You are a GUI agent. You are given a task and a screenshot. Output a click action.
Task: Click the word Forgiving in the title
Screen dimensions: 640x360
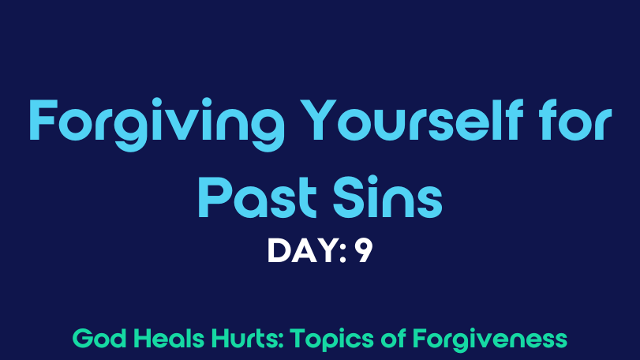pyautogui.click(x=157, y=123)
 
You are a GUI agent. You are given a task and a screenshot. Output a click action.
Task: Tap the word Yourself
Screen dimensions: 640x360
pyautogui.click(x=414, y=119)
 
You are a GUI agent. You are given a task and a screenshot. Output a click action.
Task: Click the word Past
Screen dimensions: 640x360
pyautogui.click(x=257, y=197)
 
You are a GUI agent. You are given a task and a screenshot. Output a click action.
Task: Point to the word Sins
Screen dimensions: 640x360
pyautogui.click(x=387, y=197)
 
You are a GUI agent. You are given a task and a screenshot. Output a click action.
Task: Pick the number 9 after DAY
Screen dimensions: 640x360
pyautogui.click(x=364, y=250)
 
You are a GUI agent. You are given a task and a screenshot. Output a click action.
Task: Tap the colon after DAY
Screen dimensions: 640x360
pyautogui.click(x=343, y=253)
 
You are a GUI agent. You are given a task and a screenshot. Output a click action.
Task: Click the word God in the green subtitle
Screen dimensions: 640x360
pyautogui.click(x=99, y=339)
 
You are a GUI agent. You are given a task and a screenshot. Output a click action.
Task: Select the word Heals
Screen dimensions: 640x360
pyautogui.click(x=169, y=339)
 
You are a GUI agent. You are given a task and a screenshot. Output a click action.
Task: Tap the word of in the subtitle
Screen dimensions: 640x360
pyautogui.click(x=393, y=339)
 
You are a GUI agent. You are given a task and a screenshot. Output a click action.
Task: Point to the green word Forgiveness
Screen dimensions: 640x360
pyautogui.click(x=490, y=340)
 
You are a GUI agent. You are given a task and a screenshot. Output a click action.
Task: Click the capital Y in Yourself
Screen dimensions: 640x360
pyautogui.click(x=319, y=119)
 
